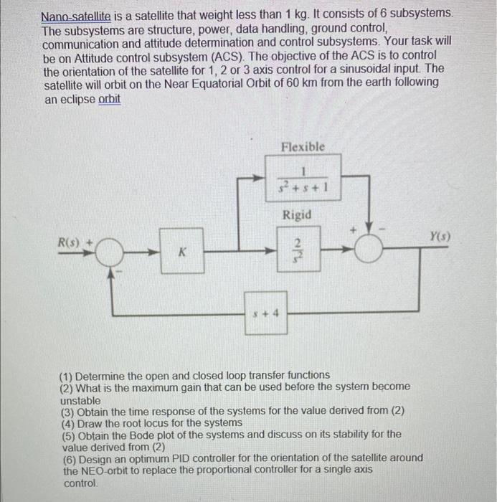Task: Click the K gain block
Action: point(181,252)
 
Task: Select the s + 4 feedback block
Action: point(266,312)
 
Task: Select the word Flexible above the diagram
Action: point(303,146)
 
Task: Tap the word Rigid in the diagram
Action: point(296,214)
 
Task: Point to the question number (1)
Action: point(67,374)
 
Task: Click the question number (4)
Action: point(67,422)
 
